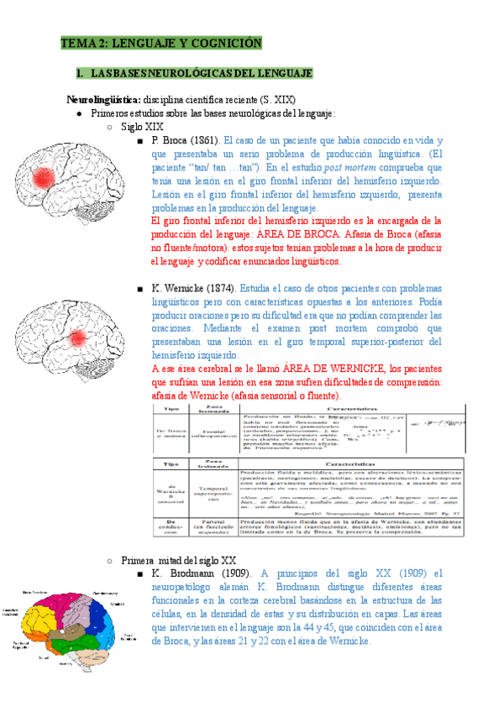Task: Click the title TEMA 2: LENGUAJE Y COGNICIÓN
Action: point(160,43)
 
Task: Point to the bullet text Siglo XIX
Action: point(142,126)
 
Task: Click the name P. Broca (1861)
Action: point(186,140)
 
